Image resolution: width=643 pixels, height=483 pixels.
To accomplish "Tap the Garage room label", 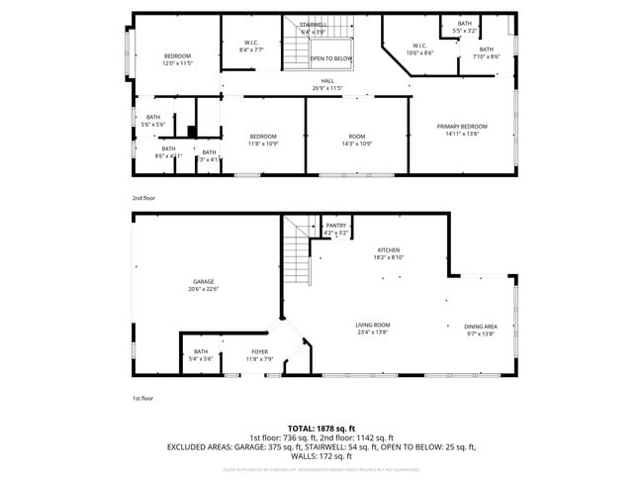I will pos(203,285).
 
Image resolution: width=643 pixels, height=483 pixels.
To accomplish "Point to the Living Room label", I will pos(373,329).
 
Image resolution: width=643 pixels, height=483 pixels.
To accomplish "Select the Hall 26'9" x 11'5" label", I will pos(326,85).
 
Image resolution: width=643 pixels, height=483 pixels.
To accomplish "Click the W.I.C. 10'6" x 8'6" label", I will pos(419,48).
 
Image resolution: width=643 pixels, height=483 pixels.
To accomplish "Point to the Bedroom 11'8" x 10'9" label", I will pos(263,140).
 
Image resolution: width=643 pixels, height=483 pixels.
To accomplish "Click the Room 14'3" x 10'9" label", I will pos(356,140).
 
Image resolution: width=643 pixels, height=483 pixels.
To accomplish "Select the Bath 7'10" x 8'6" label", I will pos(486,52).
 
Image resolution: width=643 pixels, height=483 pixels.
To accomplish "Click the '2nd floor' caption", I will pos(144,197).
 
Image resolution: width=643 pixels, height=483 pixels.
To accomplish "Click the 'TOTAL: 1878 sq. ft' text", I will pos(321,428).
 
